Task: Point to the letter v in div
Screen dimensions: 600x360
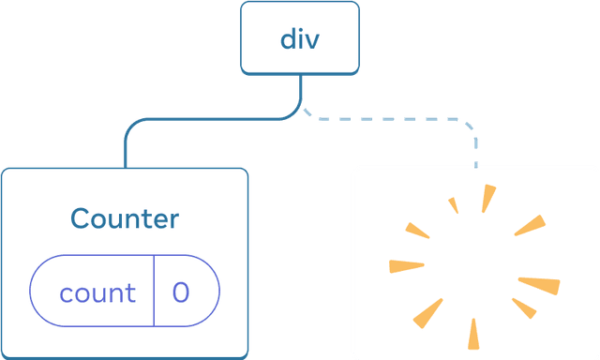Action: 311,42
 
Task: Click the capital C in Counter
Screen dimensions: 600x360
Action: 80,218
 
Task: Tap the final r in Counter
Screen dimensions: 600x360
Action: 173,221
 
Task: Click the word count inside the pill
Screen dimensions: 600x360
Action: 97,293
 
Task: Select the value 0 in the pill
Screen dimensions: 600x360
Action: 181,292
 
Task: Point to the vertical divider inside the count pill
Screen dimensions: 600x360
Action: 154,291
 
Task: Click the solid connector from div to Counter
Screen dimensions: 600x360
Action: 206,119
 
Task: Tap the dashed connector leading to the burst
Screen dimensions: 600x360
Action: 397,119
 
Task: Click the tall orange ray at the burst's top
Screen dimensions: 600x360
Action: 488,199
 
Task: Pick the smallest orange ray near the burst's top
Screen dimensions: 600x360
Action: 454,205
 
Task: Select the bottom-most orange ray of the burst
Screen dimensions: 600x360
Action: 473,334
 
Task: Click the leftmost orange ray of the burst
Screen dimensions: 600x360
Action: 406,266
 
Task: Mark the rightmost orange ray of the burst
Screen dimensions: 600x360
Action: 540,285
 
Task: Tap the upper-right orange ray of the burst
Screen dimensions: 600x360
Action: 531,225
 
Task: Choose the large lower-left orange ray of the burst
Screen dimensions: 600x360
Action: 428,313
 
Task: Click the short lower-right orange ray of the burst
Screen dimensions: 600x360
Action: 524,308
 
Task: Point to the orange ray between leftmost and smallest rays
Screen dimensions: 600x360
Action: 417,231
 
